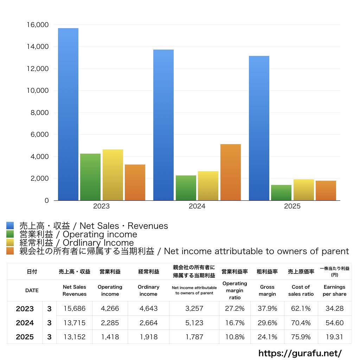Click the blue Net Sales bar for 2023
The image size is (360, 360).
click(x=68, y=114)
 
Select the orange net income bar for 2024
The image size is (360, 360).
click(x=231, y=172)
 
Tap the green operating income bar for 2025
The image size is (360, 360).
click(x=281, y=193)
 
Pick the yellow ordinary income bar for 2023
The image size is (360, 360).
click(x=113, y=175)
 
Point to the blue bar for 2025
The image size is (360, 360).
click(x=259, y=128)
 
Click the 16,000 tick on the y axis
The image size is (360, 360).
click(x=37, y=25)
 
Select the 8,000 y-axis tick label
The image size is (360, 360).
click(x=39, y=113)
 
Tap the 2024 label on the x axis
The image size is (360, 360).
click(x=197, y=206)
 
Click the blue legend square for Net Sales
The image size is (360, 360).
click(x=10, y=226)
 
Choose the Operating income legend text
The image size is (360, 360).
click(x=78, y=234)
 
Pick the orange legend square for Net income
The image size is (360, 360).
click(x=10, y=251)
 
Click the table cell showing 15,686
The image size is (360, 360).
click(x=74, y=309)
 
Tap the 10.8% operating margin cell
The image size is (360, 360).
click(x=234, y=337)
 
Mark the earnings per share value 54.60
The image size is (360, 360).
click(x=334, y=323)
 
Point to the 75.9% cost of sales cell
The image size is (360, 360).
click(x=301, y=337)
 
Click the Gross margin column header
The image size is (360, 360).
click(x=267, y=290)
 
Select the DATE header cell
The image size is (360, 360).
click(x=32, y=290)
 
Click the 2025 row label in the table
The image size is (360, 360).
click(x=25, y=337)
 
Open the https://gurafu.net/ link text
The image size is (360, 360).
click(x=300, y=353)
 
